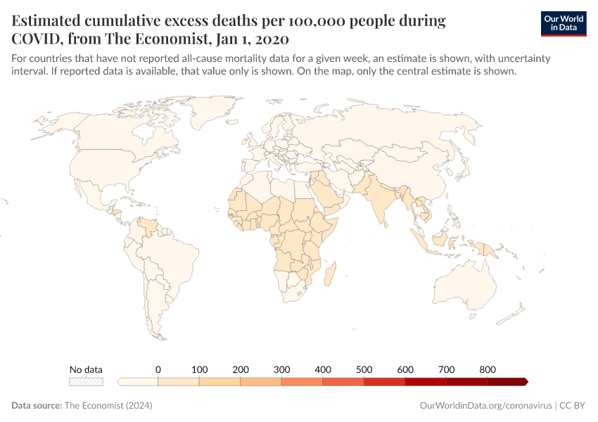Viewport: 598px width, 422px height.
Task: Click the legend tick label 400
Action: click(322, 369)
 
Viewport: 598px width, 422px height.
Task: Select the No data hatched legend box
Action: click(86, 382)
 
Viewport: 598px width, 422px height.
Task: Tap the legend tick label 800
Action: click(487, 369)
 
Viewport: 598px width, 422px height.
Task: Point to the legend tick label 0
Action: click(158, 369)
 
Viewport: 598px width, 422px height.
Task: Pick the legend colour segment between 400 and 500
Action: click(343, 382)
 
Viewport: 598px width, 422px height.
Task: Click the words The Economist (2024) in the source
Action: click(108, 406)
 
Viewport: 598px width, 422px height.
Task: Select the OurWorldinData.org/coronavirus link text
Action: click(485, 406)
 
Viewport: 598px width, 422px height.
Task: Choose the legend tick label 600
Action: click(405, 369)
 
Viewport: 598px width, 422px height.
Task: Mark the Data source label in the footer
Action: click(37, 406)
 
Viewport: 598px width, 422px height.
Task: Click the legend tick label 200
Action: click(240, 369)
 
